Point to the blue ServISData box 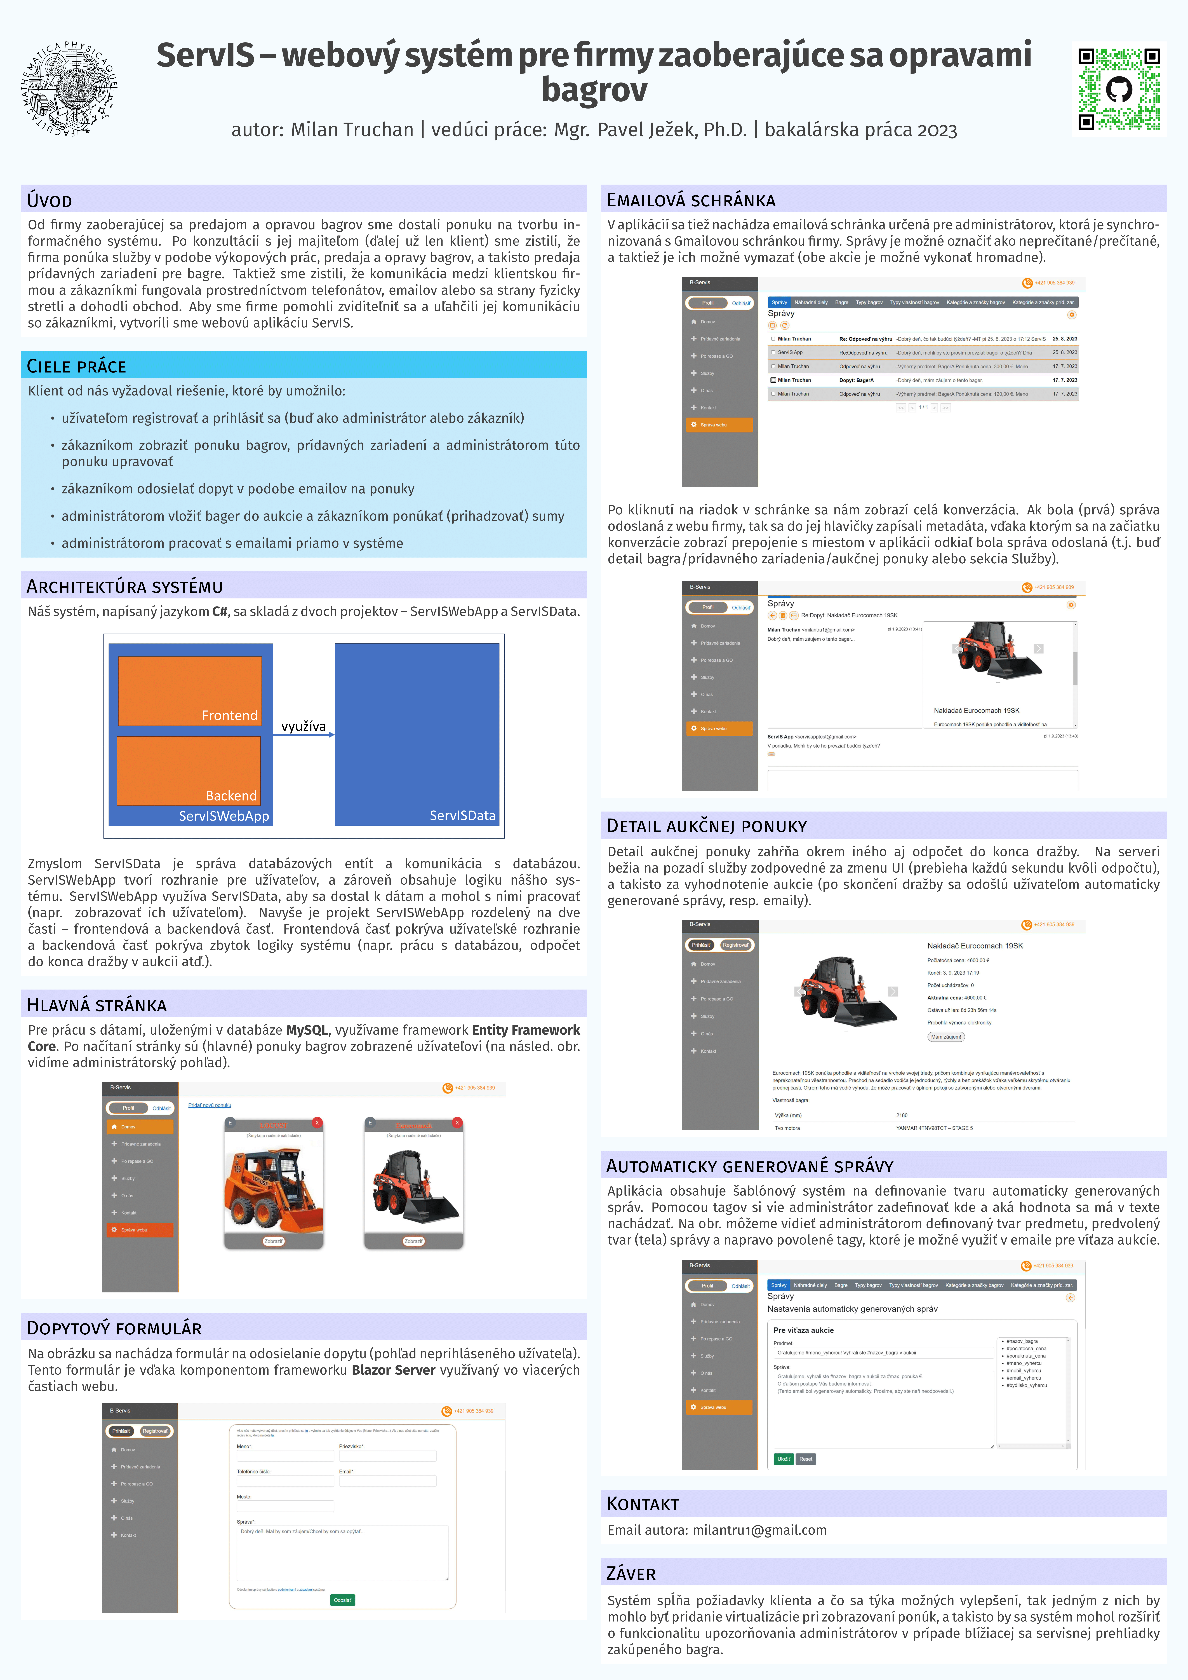coord(417,734)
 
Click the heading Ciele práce coord(77,366)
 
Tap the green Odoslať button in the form coord(342,1599)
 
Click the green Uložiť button coord(784,1458)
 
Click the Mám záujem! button coord(946,1036)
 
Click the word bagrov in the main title coord(594,90)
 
